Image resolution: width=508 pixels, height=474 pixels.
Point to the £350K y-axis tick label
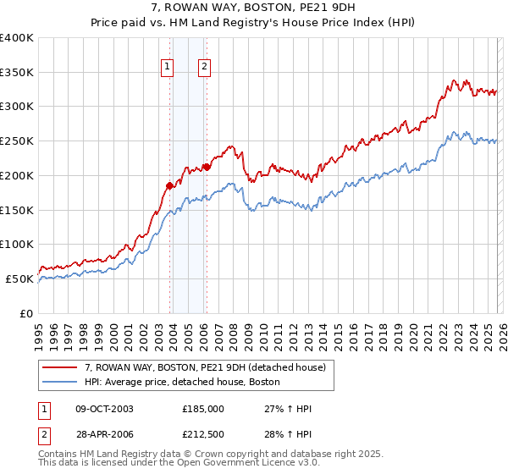tap(17, 72)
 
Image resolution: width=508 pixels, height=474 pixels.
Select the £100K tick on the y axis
tap(17, 244)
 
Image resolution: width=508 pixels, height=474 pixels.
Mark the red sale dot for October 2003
tap(169, 185)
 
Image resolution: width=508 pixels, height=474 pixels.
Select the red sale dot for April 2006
tap(207, 167)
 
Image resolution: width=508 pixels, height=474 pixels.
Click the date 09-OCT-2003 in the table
tap(104, 409)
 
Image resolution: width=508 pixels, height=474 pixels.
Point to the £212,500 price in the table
tap(202, 434)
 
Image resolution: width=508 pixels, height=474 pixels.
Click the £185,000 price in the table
tap(202, 409)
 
